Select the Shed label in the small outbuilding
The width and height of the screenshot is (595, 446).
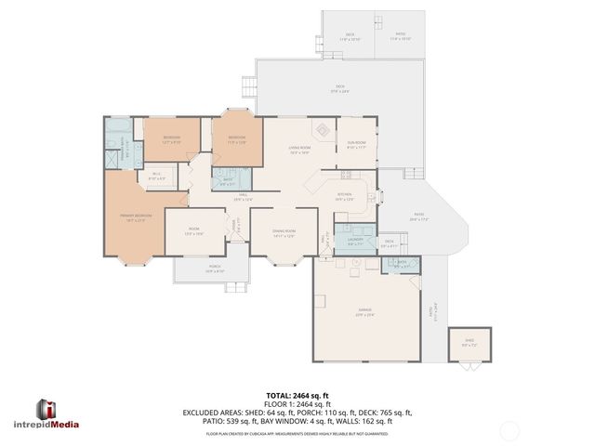(469, 342)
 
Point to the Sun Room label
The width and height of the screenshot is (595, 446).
(357, 145)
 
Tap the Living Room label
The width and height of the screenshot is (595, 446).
(298, 150)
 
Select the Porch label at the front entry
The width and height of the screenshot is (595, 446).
(213, 270)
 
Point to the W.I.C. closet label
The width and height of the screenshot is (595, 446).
(156, 177)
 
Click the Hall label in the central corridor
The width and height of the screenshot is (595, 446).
(244, 197)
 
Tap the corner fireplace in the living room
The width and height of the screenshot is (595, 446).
(324, 131)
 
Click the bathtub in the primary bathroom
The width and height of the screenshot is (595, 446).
(120, 128)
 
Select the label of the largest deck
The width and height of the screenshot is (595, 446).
(339, 91)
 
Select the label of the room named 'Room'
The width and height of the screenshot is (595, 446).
(194, 232)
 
